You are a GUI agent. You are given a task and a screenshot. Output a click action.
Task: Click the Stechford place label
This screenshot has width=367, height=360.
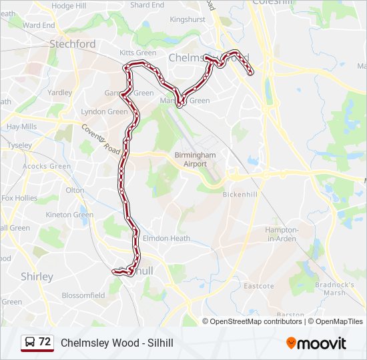click(x=73, y=44)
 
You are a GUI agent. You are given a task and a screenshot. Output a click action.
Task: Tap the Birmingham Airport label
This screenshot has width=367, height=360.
click(x=195, y=159)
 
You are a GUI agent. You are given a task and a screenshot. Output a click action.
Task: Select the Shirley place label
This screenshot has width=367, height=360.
click(x=37, y=276)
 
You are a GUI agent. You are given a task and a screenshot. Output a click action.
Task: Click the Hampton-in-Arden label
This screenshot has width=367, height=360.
click(x=281, y=233)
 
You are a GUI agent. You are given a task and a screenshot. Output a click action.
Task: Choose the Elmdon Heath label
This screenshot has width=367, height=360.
click(x=167, y=238)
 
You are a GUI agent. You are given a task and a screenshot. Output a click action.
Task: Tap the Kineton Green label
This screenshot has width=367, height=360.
click(x=69, y=215)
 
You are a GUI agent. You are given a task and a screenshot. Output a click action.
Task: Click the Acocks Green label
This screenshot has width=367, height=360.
click(x=47, y=166)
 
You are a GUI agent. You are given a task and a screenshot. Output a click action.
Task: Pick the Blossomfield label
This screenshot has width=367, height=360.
click(x=83, y=295)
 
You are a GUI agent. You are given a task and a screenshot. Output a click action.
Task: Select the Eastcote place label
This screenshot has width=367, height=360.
click(x=258, y=286)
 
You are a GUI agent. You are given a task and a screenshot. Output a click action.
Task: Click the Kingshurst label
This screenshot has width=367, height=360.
click(x=188, y=20)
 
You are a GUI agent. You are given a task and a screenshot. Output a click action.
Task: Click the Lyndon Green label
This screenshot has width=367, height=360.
click(x=104, y=111)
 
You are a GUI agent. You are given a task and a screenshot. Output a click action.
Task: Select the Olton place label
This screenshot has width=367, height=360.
click(x=75, y=190)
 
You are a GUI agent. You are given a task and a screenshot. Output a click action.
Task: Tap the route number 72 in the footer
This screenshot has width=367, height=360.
click(x=45, y=342)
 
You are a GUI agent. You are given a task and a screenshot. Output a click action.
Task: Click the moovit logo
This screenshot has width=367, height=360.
click(x=316, y=343)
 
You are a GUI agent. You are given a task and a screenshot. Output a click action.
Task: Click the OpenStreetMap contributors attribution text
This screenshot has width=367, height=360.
click(x=256, y=321)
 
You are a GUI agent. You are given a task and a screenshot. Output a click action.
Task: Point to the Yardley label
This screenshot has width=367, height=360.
click(x=59, y=93)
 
